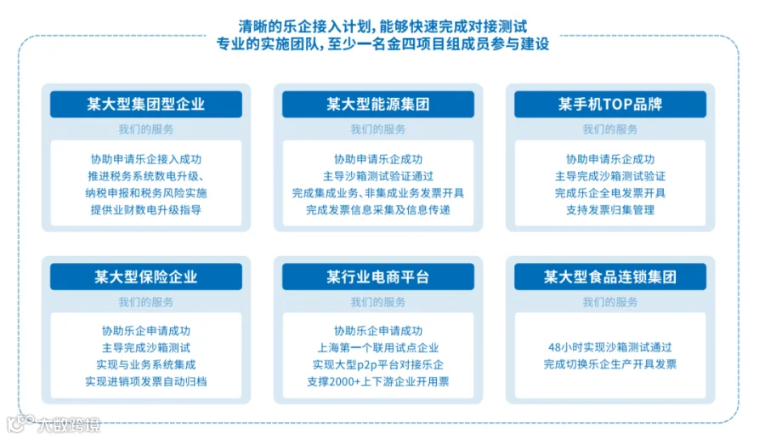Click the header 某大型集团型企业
pos(146,104)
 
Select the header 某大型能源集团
pos(378,104)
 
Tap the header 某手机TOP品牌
pos(610,104)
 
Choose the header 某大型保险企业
pos(146,277)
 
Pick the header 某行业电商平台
pos(378,277)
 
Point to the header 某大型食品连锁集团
pos(610,277)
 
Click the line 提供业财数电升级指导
pos(146,210)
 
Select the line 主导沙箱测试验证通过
pos(378,176)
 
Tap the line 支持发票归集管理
pos(610,210)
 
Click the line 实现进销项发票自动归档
pos(146,381)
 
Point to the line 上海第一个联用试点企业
pos(378,348)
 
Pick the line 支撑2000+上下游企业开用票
pos(378,381)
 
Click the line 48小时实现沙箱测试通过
pos(610,347)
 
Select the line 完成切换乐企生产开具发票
pos(610,364)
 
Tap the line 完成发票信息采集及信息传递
pos(378,210)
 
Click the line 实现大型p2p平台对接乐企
pos(378,365)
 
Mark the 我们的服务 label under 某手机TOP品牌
pos(610,129)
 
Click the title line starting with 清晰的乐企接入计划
pos(383,26)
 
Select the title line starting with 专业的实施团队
pos(383,44)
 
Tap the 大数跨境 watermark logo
pos(54,424)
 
